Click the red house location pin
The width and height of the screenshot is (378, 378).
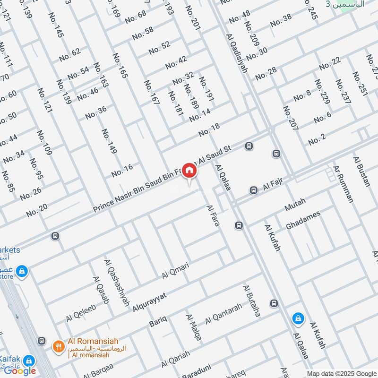tap(189, 171)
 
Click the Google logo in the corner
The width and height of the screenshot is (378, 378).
tap(20, 370)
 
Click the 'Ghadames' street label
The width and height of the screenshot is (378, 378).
tap(303, 220)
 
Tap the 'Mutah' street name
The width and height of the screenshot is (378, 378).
tap(295, 205)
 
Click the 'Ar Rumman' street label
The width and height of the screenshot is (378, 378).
tap(343, 184)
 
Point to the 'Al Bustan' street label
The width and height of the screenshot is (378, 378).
tap(362, 171)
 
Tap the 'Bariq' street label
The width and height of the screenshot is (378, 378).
tap(158, 321)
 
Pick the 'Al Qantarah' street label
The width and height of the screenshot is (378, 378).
tap(223, 314)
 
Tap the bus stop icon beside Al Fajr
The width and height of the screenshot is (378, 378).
tap(254, 190)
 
